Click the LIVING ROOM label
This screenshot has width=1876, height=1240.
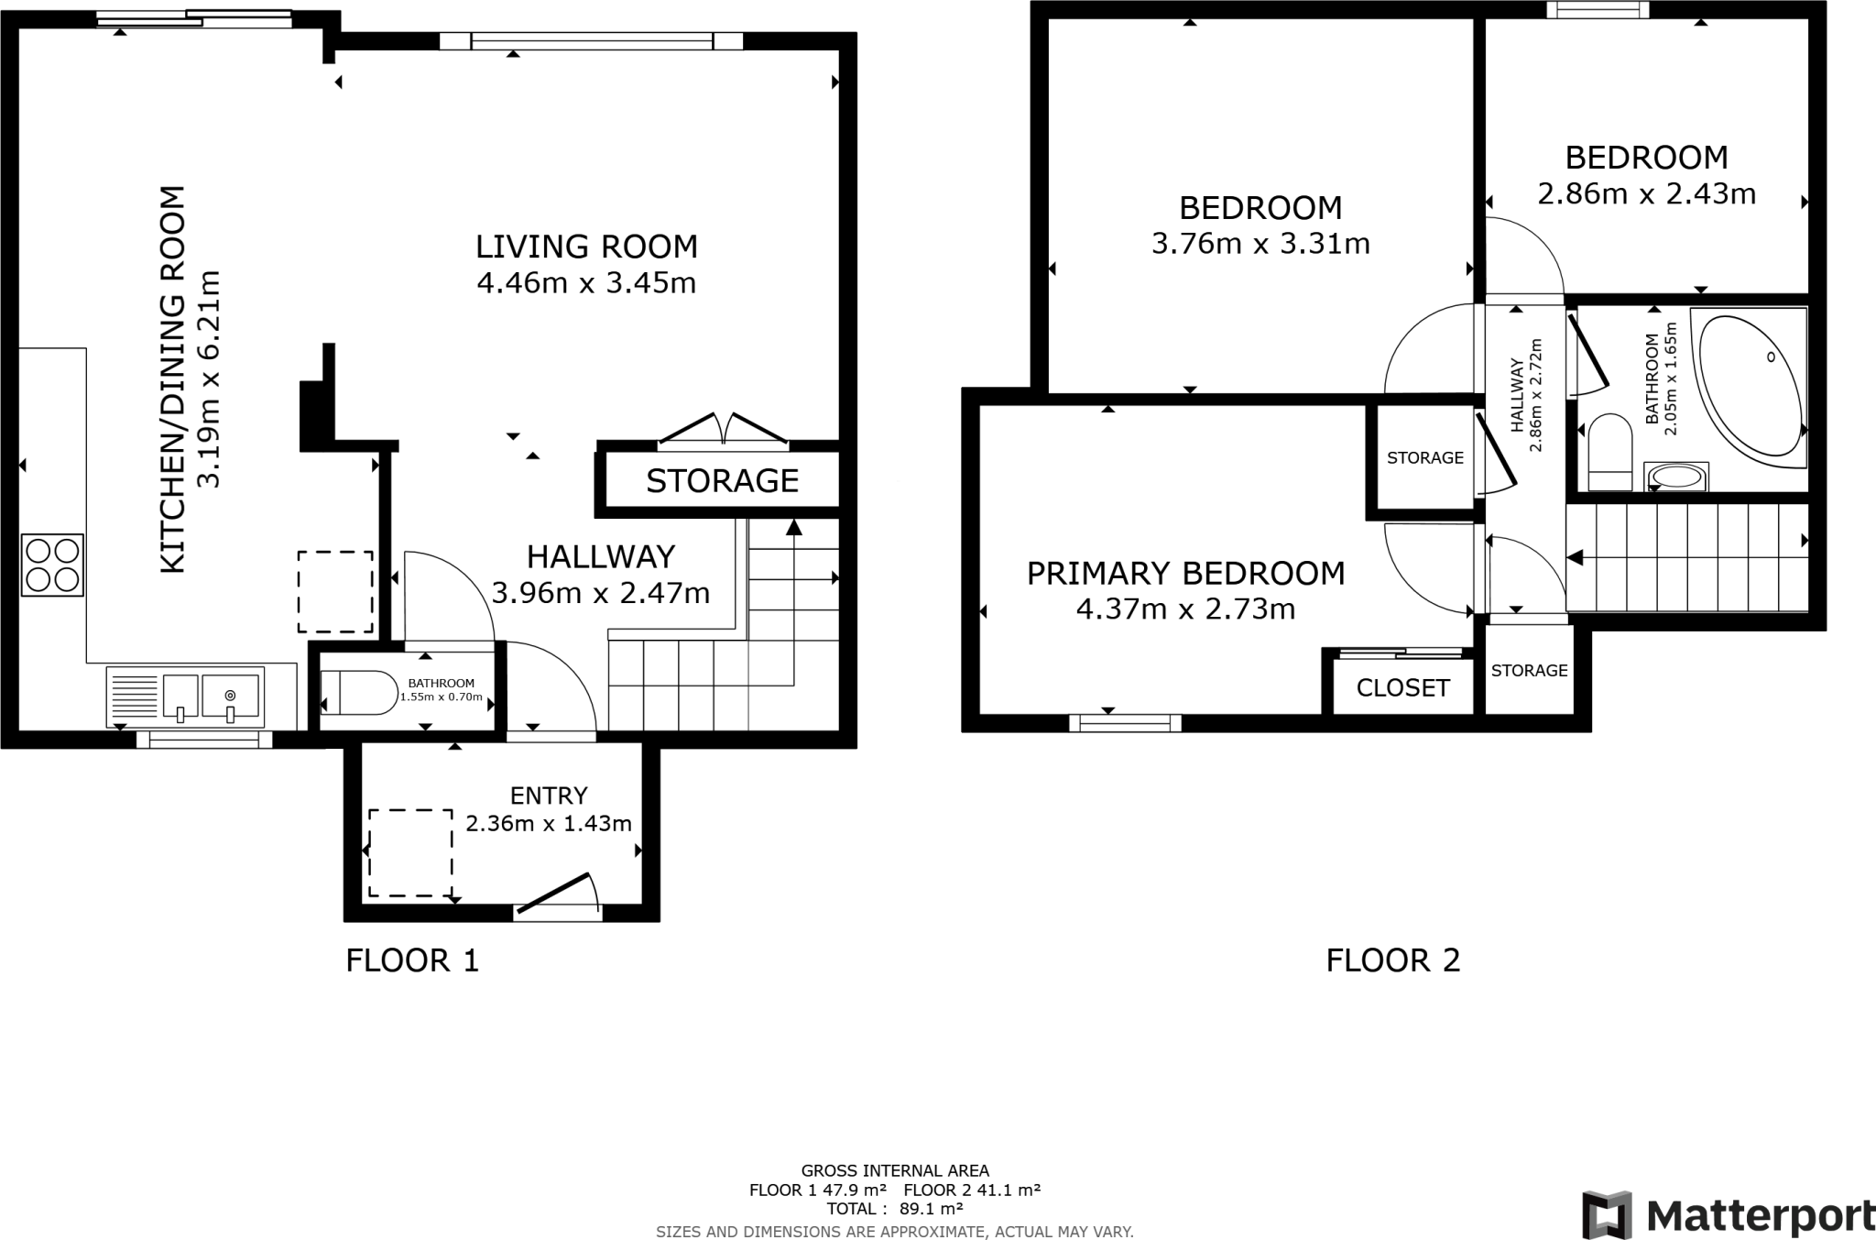click(586, 247)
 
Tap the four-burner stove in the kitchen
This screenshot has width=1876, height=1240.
click(52, 565)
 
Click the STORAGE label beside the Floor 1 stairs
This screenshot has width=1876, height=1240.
click(722, 480)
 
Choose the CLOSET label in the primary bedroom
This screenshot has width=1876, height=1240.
click(1402, 687)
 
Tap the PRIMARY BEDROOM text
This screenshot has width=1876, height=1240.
click(1185, 574)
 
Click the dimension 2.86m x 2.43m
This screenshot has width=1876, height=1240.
click(1646, 194)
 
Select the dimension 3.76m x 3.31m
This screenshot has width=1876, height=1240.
click(1260, 244)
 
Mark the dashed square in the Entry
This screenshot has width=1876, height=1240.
click(410, 853)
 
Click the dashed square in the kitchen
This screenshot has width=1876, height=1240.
click(335, 592)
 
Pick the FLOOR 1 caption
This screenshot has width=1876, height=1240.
click(412, 960)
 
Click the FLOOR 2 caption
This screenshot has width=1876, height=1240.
click(1392, 960)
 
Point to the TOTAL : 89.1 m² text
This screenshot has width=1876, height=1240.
click(894, 1209)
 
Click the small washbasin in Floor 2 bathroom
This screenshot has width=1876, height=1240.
click(1677, 477)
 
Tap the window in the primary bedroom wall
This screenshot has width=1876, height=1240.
click(1125, 723)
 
